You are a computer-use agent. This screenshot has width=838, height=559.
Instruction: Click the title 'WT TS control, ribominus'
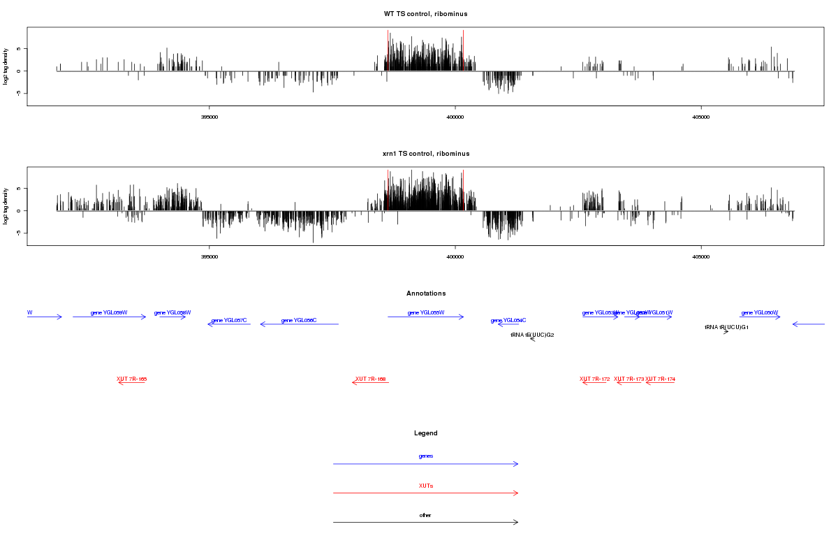(426, 14)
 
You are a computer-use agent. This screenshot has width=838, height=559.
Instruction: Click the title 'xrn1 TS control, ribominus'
(426, 154)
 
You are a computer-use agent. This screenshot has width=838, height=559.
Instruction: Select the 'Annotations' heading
(426, 293)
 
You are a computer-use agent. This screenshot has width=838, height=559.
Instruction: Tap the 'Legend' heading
(426, 433)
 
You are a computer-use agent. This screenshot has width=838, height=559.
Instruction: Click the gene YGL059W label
(109, 312)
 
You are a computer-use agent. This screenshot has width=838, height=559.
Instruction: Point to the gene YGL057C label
(229, 320)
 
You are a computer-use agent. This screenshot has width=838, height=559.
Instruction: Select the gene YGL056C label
(299, 320)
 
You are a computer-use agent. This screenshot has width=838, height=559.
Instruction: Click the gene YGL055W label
(426, 312)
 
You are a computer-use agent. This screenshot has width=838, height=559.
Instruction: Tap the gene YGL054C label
(508, 320)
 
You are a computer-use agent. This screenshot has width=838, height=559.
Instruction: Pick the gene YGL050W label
(760, 312)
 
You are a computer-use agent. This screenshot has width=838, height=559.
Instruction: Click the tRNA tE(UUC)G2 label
(532, 335)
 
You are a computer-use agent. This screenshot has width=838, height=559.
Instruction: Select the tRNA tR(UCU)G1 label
(726, 327)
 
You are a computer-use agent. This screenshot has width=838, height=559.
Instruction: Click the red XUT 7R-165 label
(131, 379)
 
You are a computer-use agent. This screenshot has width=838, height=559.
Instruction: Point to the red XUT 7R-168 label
(371, 379)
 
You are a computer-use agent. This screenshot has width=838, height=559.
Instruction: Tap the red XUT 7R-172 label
(595, 379)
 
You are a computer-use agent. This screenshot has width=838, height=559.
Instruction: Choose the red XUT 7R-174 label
(660, 379)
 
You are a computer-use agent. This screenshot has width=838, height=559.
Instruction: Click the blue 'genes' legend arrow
(426, 464)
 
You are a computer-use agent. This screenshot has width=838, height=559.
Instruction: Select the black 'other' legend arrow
(426, 522)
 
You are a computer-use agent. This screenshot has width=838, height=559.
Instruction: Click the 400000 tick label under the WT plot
(455, 117)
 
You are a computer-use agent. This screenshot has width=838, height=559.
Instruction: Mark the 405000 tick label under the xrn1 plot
(701, 256)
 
